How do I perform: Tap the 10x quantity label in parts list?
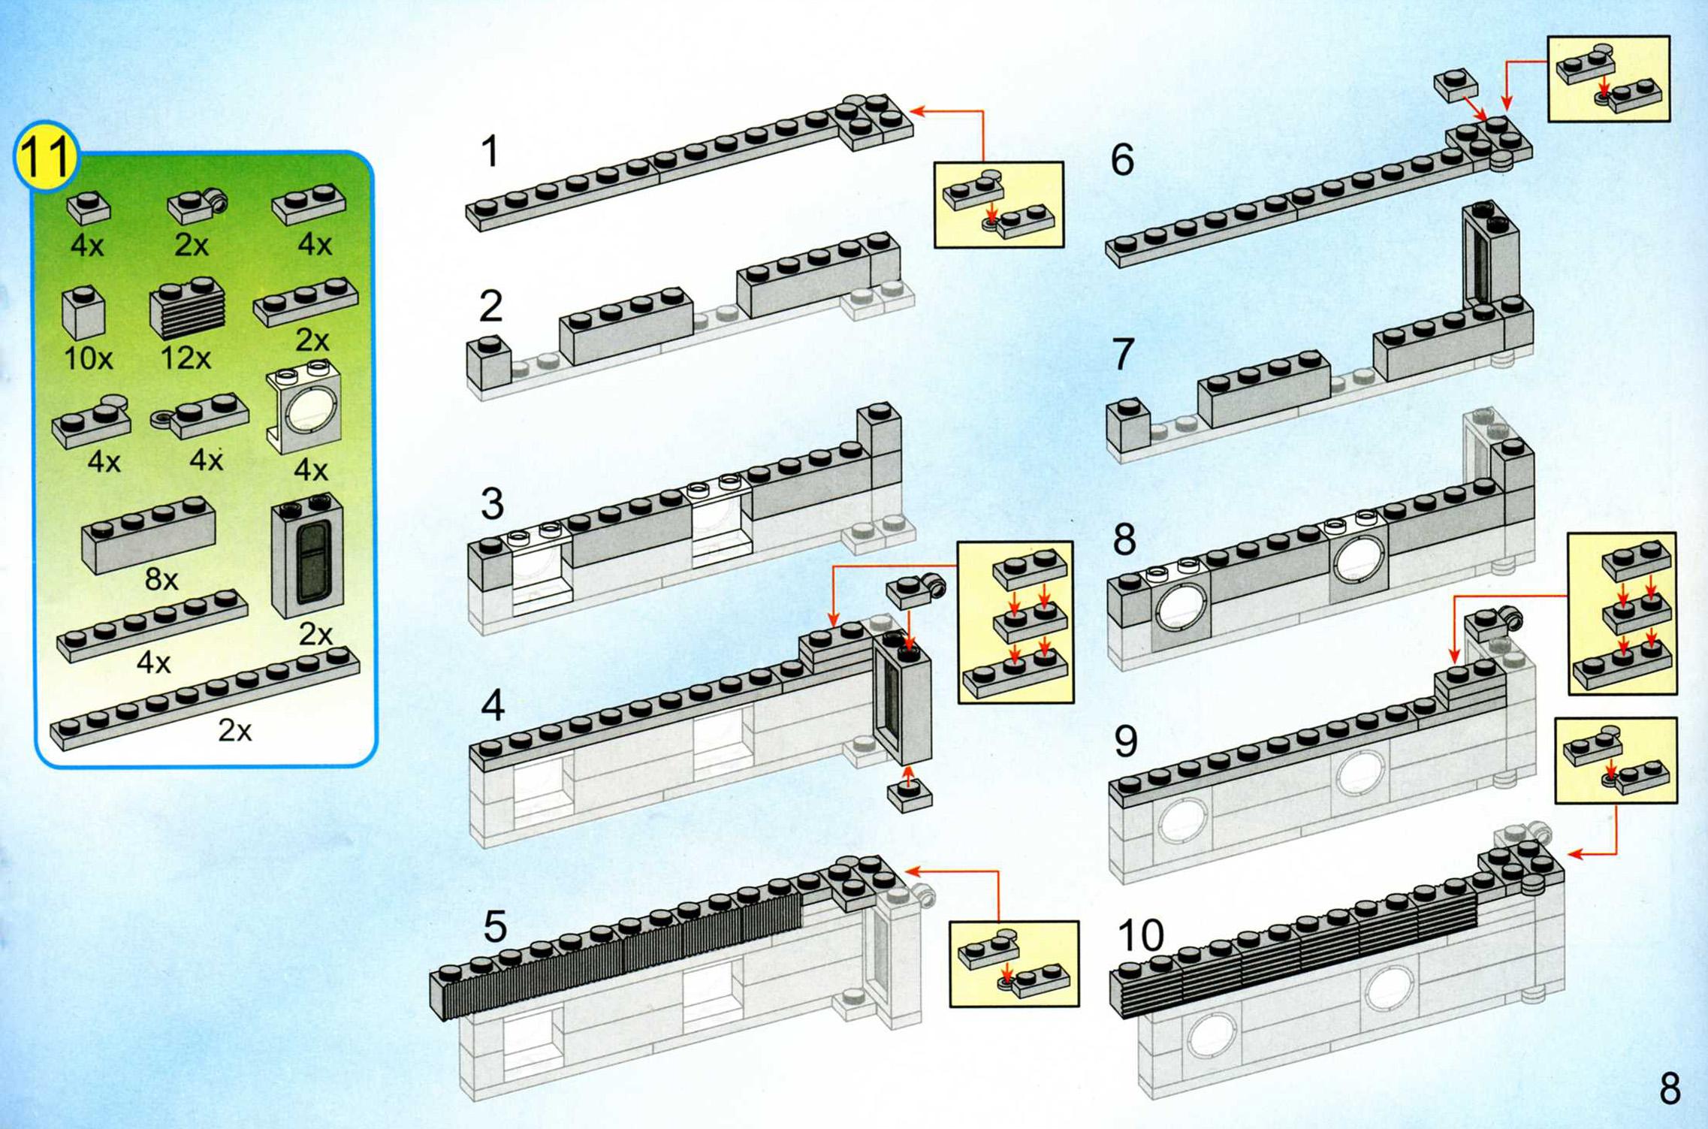(x=88, y=358)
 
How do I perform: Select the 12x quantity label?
(x=186, y=358)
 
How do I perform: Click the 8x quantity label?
(x=161, y=579)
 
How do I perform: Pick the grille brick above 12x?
(x=188, y=309)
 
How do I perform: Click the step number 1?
(x=490, y=151)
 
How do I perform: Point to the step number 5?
(x=494, y=926)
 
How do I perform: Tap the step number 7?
(x=1122, y=355)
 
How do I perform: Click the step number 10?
(x=1140, y=936)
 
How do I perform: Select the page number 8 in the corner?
(x=1669, y=1088)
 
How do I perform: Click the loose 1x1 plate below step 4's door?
(x=910, y=795)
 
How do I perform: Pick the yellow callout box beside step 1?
(x=998, y=204)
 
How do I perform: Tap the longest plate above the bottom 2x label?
(x=204, y=698)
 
